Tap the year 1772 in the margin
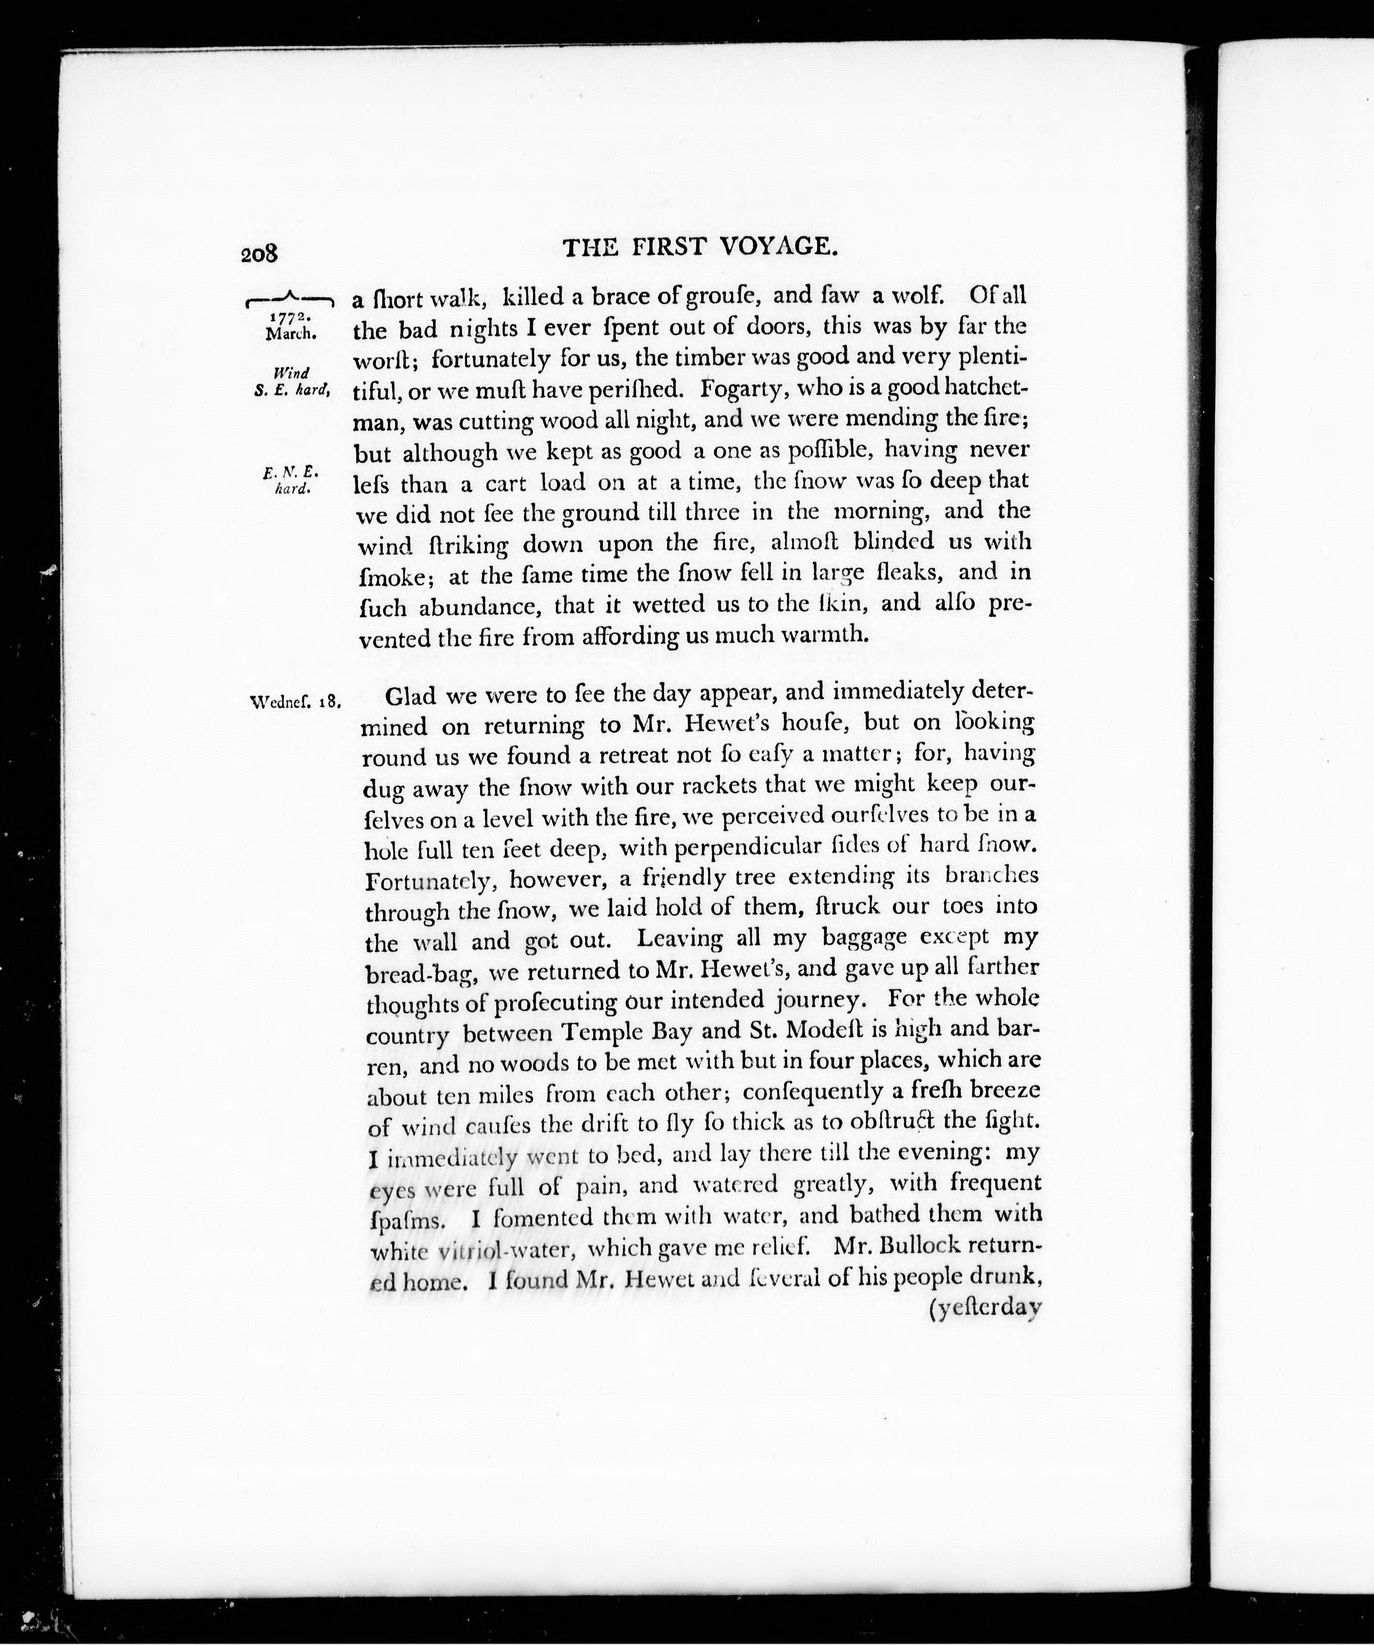point(290,317)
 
